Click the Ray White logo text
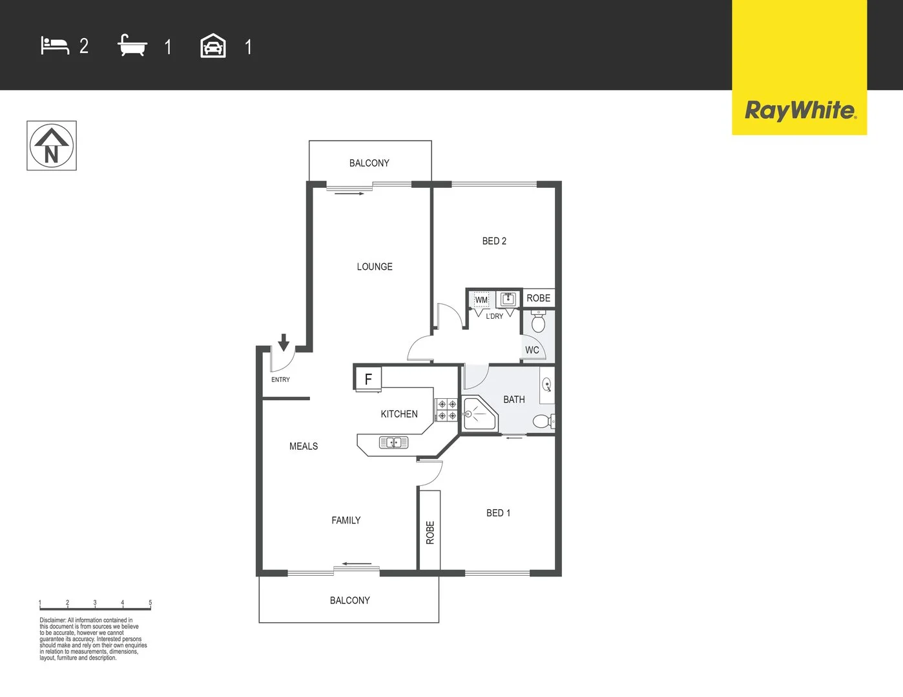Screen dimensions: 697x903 point(800,110)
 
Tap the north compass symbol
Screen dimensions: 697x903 point(52,146)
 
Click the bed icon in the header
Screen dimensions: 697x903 point(55,46)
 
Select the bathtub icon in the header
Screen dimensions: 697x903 point(132,46)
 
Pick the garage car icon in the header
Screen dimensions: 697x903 point(213,46)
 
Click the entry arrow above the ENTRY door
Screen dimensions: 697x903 point(283,342)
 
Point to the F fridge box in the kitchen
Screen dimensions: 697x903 point(368,379)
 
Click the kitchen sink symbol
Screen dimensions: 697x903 point(393,442)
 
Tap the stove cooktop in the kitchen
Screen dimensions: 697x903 point(446,410)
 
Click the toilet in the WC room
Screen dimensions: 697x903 point(538,321)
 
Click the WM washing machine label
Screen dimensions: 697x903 point(481,300)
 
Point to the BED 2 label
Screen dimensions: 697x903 point(494,241)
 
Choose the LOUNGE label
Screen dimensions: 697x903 point(375,267)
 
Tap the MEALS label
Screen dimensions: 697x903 point(304,446)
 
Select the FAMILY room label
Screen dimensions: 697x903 point(346,520)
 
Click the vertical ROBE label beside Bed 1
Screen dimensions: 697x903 point(430,532)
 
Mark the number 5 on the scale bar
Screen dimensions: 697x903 point(150,603)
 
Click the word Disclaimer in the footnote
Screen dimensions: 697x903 point(52,620)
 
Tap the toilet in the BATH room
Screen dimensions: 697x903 point(542,421)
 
